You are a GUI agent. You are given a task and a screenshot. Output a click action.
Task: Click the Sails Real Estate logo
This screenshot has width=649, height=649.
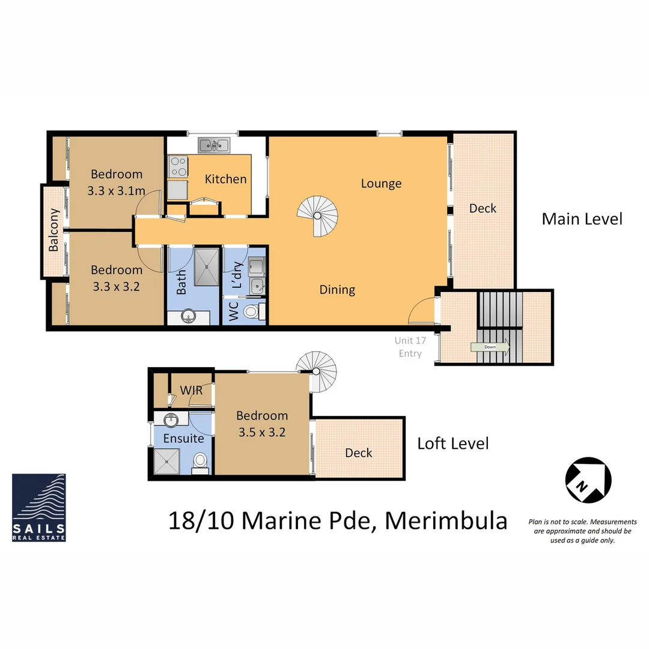click(39, 507)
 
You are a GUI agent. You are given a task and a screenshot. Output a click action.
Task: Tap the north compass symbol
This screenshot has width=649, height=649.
click(588, 480)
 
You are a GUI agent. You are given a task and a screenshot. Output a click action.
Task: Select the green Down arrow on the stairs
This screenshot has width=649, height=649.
click(490, 347)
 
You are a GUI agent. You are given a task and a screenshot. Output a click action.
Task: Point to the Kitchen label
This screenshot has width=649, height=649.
click(225, 179)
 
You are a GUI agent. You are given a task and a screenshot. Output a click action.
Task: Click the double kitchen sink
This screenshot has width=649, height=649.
click(214, 144)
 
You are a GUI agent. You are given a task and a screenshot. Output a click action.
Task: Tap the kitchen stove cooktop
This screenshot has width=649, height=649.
click(177, 166)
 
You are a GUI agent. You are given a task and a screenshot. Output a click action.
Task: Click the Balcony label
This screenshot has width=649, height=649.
click(54, 230)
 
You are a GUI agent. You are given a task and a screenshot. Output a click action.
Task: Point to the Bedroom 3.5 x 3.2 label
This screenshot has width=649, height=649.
click(261, 423)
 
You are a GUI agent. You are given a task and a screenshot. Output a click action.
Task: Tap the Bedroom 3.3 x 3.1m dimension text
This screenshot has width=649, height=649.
click(117, 190)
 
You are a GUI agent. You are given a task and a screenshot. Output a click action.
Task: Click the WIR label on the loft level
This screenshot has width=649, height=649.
click(191, 391)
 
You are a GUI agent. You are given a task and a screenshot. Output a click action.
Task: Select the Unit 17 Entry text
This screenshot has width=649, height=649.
click(410, 347)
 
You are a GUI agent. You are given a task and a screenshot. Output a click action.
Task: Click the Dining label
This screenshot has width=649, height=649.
click(337, 290)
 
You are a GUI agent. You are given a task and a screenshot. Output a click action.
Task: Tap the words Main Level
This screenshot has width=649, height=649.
click(582, 218)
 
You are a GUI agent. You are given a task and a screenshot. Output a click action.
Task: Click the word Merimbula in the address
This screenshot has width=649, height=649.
click(446, 520)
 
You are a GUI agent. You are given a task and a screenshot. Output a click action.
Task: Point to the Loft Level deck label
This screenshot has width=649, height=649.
click(358, 452)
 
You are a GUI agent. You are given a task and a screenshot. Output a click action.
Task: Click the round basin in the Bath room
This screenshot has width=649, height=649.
click(189, 316)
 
